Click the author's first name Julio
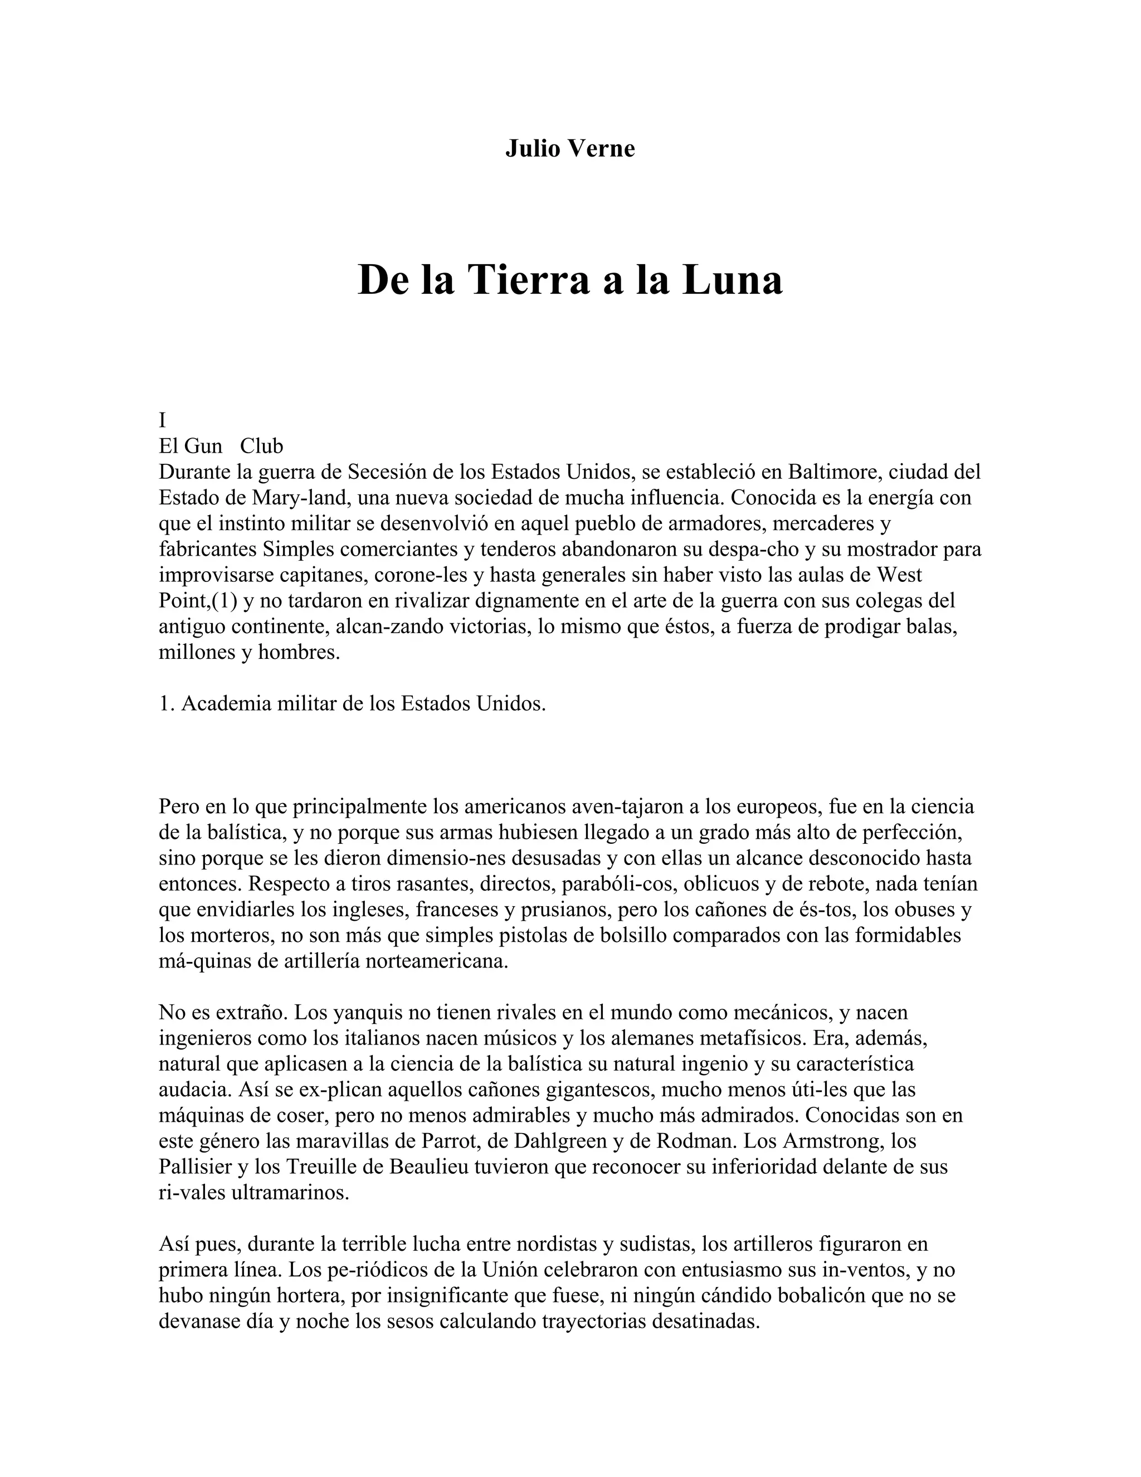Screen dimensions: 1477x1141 click(533, 149)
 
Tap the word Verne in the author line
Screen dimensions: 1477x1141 click(602, 149)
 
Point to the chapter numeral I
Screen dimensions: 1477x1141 click(162, 421)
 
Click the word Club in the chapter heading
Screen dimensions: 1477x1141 click(262, 446)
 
